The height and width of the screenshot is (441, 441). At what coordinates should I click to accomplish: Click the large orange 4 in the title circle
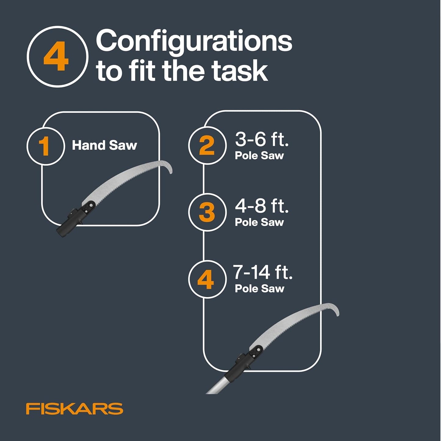pos(56,57)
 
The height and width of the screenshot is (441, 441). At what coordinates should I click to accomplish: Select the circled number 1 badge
pos(45,146)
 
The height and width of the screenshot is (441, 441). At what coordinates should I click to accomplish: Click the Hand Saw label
pos(104,146)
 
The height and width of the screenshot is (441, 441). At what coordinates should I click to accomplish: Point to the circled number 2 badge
pos(207,146)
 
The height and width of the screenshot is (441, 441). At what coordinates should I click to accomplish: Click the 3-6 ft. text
pos(262,139)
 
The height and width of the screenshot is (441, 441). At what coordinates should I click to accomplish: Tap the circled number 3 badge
pos(207,212)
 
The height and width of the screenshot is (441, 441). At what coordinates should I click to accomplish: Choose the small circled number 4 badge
pos(206,279)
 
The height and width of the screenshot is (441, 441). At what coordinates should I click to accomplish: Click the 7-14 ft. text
pos(262,272)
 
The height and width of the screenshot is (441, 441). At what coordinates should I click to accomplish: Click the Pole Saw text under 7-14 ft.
pos(259,289)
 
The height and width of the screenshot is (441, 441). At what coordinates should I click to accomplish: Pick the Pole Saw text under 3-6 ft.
pos(259,156)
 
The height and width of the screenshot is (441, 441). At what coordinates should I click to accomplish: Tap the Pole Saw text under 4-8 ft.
pos(259,222)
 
